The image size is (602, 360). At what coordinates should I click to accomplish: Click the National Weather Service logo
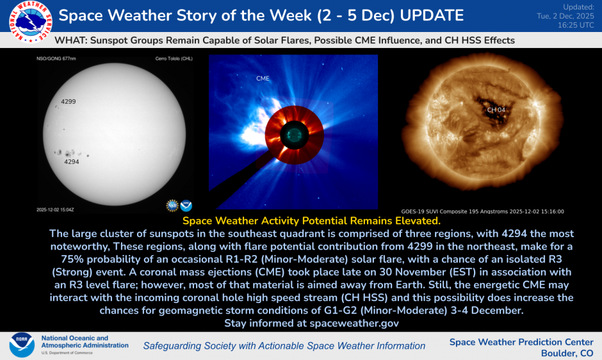point(31,22)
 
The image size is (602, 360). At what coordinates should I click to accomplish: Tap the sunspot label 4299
point(69,101)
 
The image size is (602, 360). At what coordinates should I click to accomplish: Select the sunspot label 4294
point(72,162)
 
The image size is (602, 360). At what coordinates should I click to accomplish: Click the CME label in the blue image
point(263,78)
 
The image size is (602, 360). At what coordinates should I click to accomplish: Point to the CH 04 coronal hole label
point(496,110)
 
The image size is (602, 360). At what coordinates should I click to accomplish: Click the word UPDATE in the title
point(432,15)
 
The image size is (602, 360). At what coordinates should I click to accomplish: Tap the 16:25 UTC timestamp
point(576,25)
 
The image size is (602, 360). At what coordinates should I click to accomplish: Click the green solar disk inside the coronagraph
point(295,135)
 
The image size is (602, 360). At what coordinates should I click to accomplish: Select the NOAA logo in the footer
point(22,345)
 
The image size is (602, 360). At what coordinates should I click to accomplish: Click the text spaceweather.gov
point(354,323)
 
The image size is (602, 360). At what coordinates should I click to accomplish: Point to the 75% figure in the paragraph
point(72,259)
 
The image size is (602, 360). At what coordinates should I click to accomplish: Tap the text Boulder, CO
point(567,353)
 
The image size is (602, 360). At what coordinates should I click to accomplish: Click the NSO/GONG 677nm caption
point(56,59)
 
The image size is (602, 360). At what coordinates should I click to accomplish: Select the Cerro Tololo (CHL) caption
point(174,59)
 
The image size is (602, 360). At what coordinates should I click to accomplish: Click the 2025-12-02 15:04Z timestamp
point(55,209)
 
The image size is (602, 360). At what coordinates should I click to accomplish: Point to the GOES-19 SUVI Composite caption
point(483,211)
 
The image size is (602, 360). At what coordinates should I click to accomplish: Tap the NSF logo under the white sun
point(172,206)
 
